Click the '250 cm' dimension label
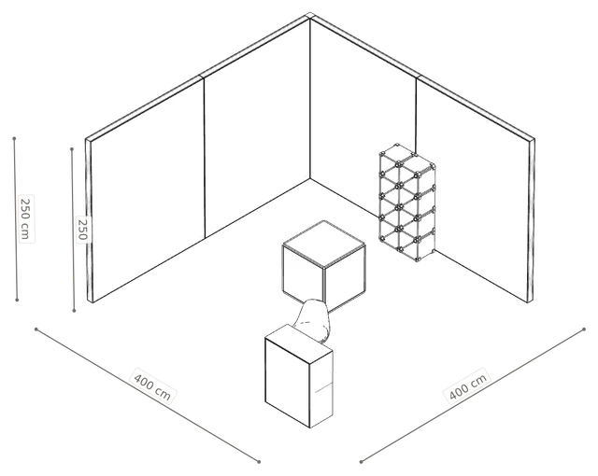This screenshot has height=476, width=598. (x=26, y=218)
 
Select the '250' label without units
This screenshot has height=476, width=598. (x=83, y=230)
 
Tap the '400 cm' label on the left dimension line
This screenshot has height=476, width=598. (x=153, y=385)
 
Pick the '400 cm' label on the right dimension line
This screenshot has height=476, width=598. (x=467, y=385)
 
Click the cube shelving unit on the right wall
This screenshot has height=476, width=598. (x=407, y=203)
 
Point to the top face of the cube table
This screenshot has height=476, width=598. (x=324, y=244)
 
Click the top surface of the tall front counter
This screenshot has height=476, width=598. (x=299, y=343)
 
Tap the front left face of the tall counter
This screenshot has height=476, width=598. (x=288, y=382)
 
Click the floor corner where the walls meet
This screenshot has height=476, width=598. (x=310, y=178)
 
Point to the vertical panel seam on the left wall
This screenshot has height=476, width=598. (x=205, y=158)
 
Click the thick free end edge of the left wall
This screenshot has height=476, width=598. (x=90, y=220)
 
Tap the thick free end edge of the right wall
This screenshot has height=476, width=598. (x=531, y=221)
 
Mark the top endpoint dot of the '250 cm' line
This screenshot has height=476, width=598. (x=14, y=138)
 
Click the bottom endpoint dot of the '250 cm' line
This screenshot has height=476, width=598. (x=17, y=301)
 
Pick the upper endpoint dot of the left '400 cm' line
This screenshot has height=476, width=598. (x=36, y=329)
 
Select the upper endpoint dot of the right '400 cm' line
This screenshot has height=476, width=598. (x=584, y=329)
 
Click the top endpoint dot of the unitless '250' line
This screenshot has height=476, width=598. (x=72, y=149)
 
